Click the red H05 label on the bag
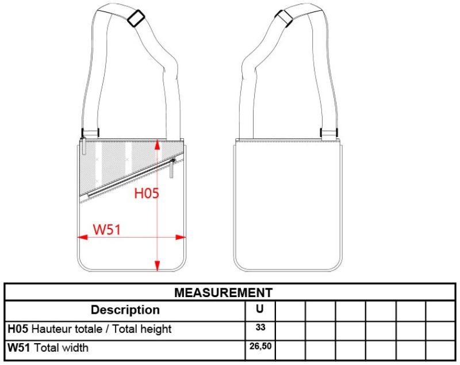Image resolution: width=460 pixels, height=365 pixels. (146, 193)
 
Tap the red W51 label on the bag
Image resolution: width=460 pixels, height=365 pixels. (106, 229)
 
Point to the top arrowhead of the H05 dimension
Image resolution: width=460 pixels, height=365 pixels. (157, 143)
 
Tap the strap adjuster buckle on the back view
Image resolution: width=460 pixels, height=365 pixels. (286, 17)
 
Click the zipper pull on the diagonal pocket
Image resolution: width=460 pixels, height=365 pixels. (172, 168)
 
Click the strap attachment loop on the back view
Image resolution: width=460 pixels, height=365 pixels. (328, 133)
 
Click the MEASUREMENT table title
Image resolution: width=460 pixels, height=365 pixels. (223, 292)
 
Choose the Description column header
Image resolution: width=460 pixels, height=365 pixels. (125, 310)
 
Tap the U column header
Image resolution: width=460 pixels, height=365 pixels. (260, 309)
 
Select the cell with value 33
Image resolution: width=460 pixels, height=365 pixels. (260, 328)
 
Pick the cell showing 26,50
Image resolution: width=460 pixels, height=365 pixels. (260, 347)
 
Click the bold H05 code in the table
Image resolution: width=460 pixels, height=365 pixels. (18, 329)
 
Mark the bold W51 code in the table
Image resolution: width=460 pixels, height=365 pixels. (19, 348)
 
